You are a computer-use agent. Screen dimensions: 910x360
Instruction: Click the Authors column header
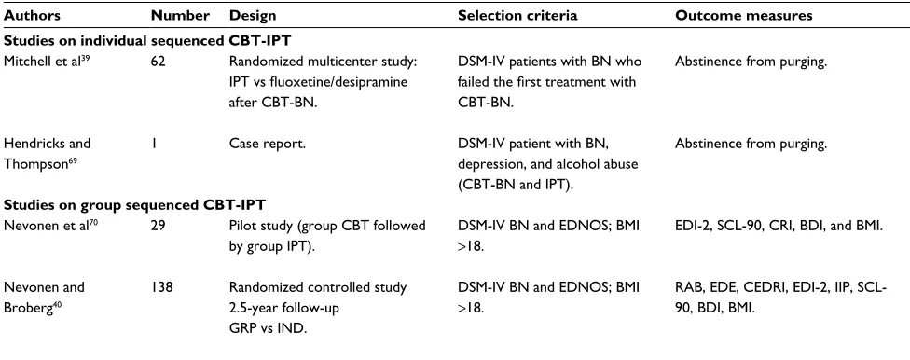click(x=32, y=16)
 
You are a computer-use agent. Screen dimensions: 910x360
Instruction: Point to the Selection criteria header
click(x=517, y=16)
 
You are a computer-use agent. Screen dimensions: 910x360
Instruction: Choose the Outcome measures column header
click(x=743, y=16)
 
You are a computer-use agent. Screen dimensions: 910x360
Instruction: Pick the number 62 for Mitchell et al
click(x=158, y=62)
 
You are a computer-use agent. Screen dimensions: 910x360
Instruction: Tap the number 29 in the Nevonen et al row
click(x=158, y=226)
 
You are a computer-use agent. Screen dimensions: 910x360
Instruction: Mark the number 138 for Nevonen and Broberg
click(x=160, y=287)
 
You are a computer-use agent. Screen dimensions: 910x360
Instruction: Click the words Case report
click(x=268, y=144)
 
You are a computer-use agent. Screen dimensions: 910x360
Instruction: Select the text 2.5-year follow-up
click(x=284, y=308)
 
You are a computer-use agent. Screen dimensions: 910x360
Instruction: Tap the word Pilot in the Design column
click(x=242, y=226)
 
